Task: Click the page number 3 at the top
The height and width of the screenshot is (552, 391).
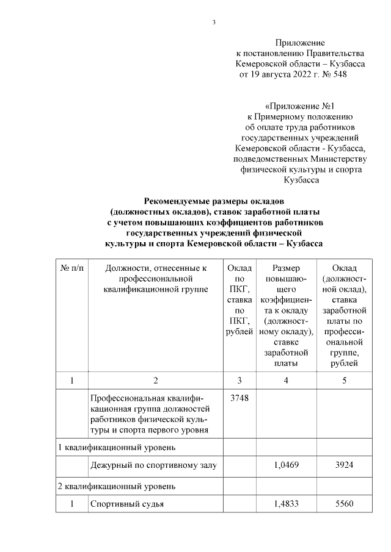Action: [x=214, y=23]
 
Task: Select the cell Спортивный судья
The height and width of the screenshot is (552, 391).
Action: [x=127, y=504]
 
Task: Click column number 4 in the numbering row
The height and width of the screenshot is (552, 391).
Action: [x=286, y=381]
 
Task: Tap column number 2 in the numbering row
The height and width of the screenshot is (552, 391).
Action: [x=156, y=381]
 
